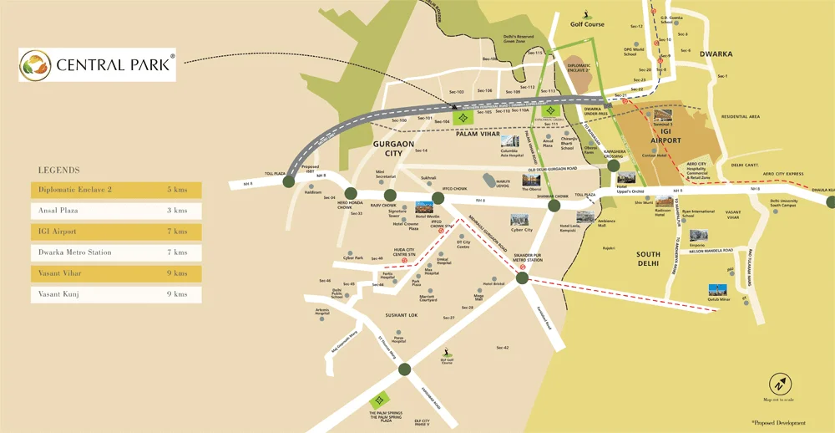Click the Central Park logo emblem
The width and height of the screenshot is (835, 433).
click(37, 65)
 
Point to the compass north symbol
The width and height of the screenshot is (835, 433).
click(778, 385)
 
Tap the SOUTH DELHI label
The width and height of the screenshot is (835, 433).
click(648, 258)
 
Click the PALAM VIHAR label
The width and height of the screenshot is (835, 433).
click(477, 133)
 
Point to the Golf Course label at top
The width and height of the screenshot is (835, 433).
click(587, 24)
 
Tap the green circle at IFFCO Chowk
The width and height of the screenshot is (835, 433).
click(437, 199)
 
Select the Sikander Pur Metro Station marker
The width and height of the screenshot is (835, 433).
click(523, 278)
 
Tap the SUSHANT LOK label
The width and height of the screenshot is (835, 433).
click(401, 315)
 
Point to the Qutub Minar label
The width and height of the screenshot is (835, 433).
click(718, 298)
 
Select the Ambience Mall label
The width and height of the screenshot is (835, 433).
click(607, 223)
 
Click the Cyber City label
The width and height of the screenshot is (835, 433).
click(522, 230)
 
